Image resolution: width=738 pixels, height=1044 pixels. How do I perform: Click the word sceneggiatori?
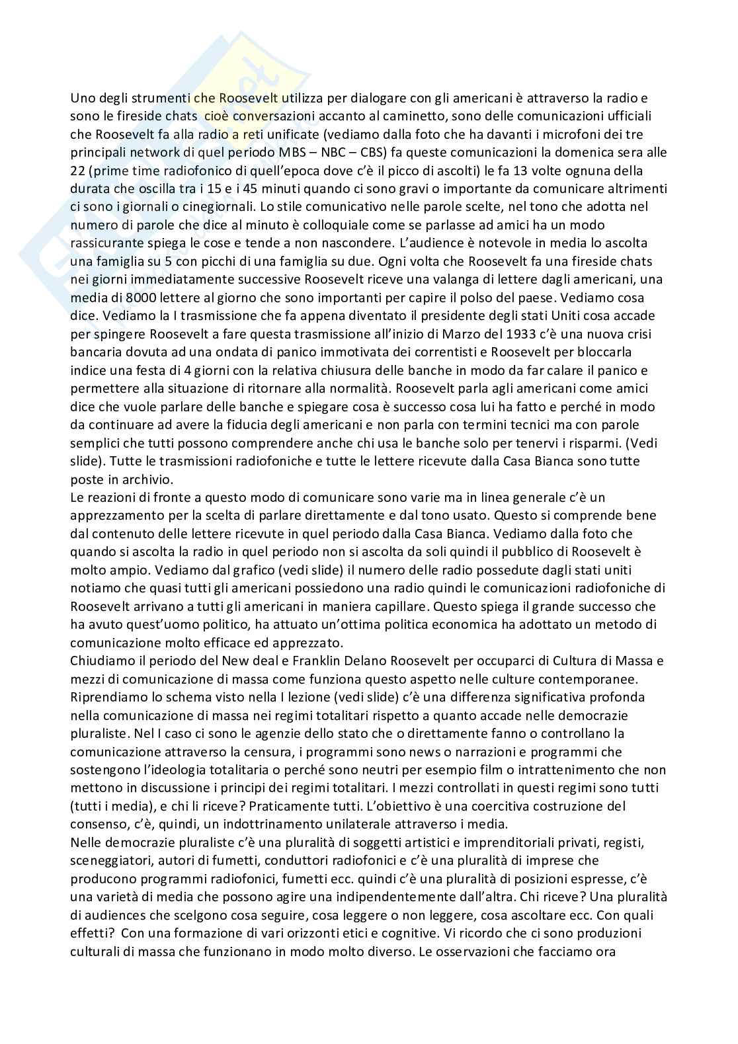pyautogui.click(x=107, y=861)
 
